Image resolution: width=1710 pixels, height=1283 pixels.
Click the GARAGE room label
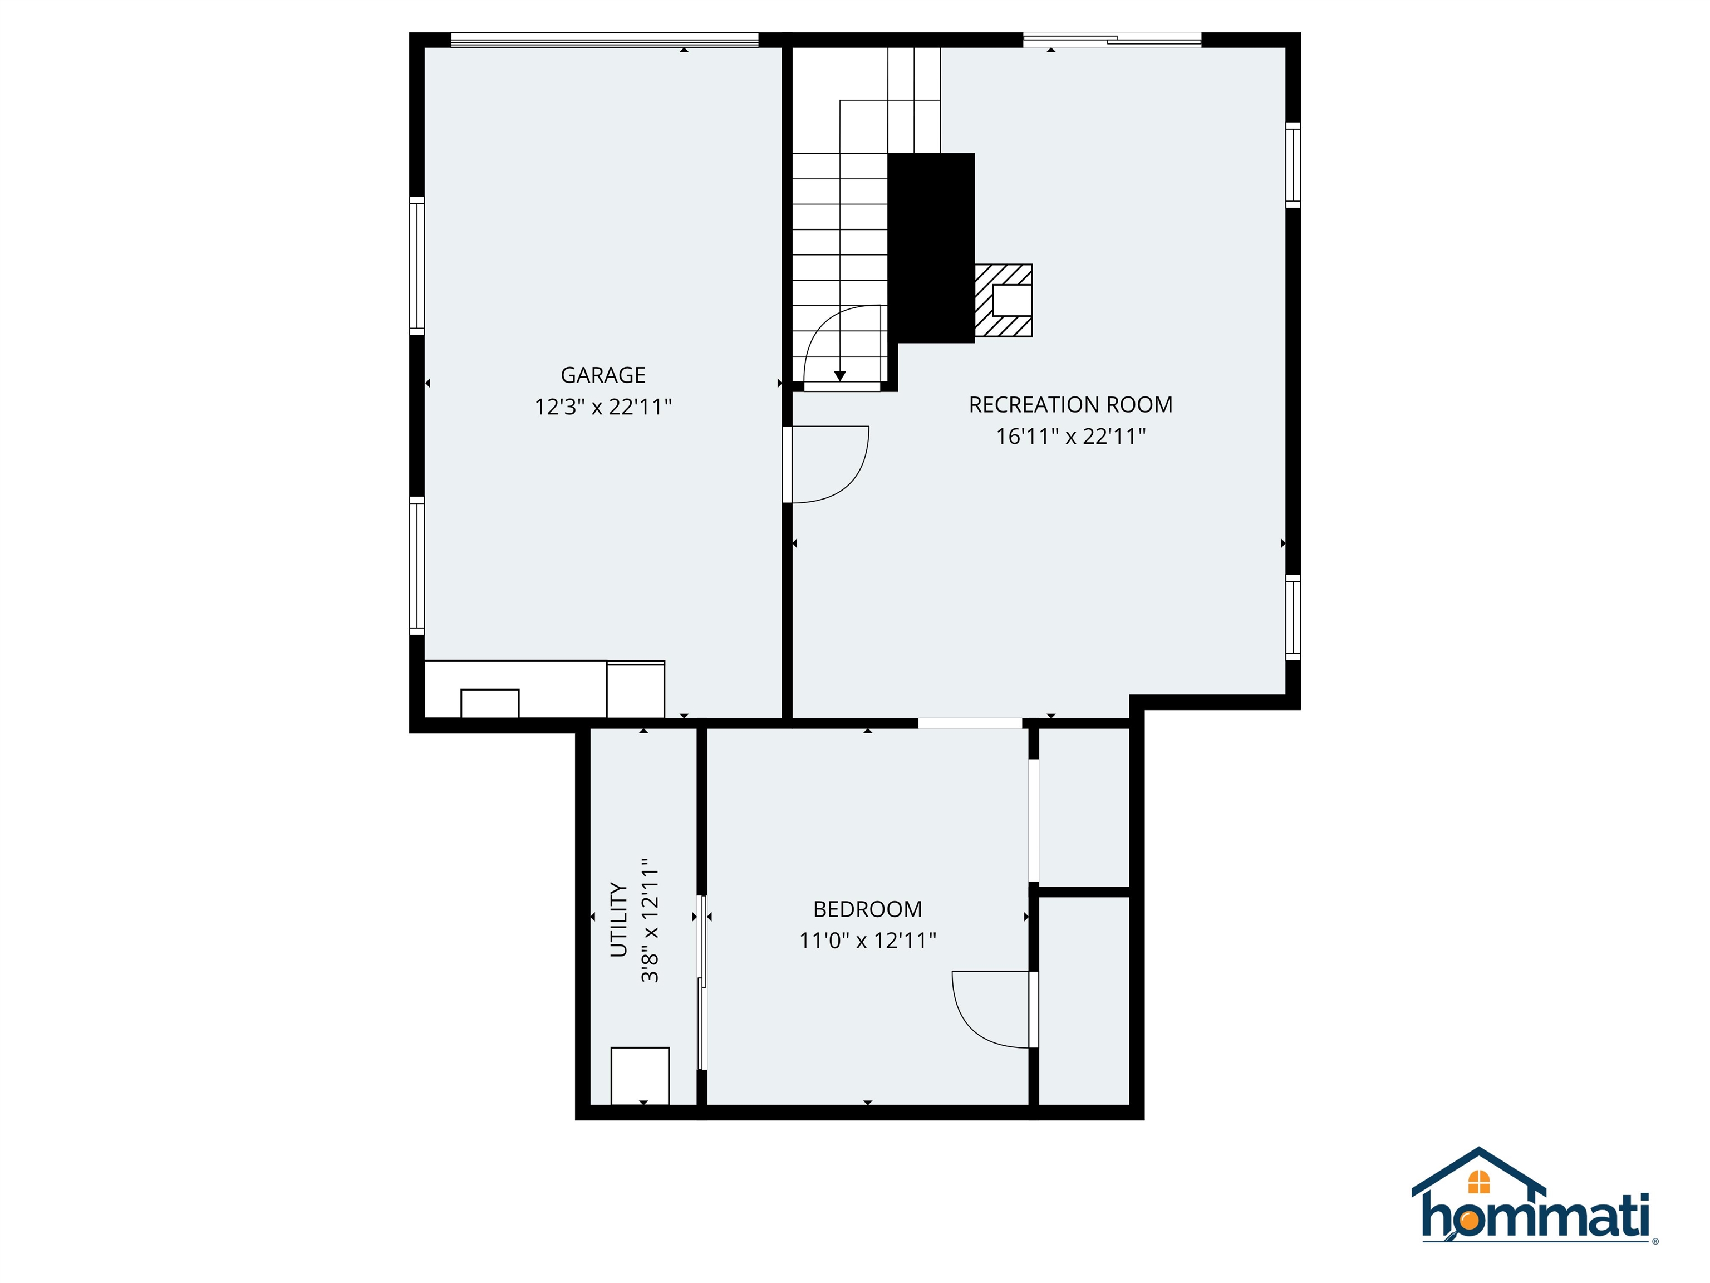point(602,375)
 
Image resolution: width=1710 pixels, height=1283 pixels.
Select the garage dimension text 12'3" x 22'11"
point(602,407)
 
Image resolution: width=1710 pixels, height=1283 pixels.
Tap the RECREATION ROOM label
point(1070,404)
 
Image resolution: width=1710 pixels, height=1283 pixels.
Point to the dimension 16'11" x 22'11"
point(1070,436)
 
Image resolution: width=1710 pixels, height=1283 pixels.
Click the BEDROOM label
point(867,909)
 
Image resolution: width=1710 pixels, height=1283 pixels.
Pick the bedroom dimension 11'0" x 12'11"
point(867,941)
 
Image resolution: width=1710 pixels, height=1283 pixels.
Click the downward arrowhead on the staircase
point(839,376)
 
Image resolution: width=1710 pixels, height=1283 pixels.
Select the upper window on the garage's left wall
point(417,265)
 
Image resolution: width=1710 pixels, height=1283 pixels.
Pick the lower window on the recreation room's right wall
point(1293,617)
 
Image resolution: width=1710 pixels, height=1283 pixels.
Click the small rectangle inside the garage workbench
point(489,703)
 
